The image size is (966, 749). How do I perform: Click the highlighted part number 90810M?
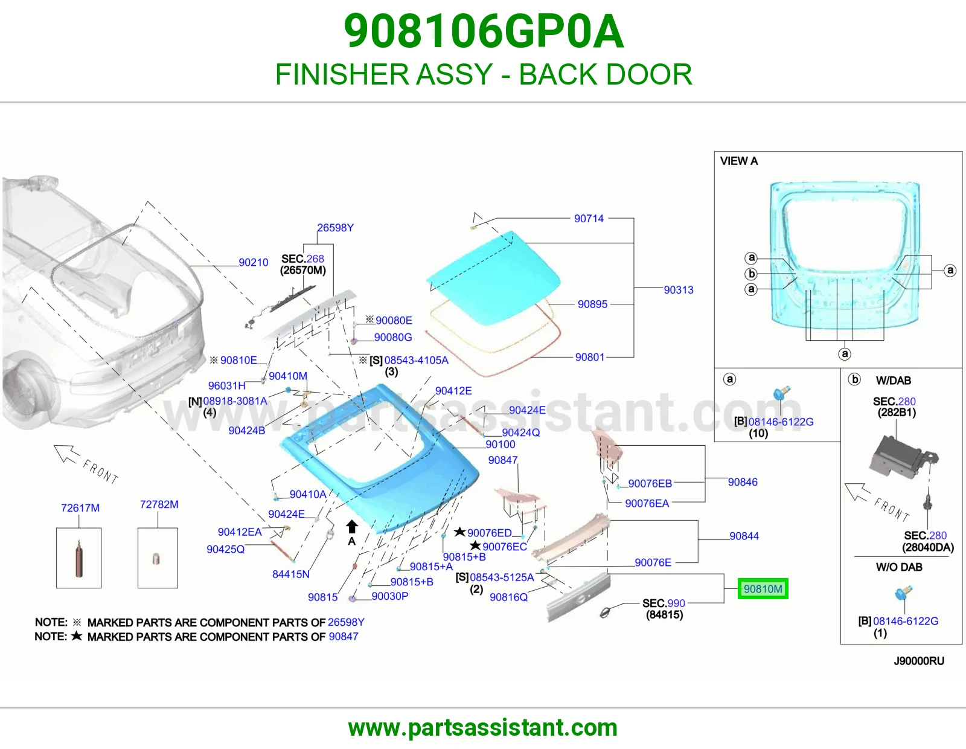763,589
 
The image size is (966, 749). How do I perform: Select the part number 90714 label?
589,219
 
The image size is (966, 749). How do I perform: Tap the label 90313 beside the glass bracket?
679,290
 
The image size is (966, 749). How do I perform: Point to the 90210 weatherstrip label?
254,262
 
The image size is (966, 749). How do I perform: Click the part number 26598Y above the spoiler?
335,228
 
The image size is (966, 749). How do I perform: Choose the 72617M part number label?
80,508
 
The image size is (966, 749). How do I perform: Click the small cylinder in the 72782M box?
156,559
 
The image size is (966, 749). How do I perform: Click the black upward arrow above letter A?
352,526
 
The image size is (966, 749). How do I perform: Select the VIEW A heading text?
739,161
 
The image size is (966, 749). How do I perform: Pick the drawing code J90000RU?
919,661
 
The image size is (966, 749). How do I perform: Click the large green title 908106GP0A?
484,31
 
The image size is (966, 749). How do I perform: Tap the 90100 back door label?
500,445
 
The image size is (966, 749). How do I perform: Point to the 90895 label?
592,304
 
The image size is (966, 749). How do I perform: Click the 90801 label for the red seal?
590,357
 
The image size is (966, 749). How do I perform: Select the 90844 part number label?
744,536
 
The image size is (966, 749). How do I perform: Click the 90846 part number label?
743,482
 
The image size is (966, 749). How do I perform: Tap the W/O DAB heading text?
899,567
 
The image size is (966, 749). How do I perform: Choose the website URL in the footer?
483,728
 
